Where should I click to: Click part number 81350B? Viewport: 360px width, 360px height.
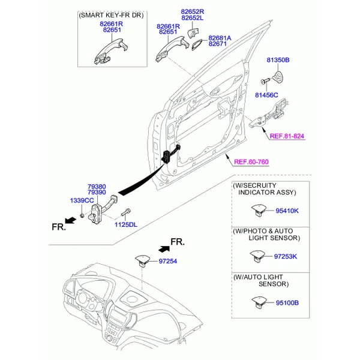[278, 61]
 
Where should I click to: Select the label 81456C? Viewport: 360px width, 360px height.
[266, 95]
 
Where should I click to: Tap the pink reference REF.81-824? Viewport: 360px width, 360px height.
[287, 137]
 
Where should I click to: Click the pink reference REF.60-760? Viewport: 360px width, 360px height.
[251, 162]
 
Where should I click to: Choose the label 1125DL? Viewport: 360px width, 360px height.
[126, 224]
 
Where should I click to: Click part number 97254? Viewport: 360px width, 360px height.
[169, 262]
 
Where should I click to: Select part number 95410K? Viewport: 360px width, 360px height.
[288, 211]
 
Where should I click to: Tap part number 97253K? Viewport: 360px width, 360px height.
[286, 256]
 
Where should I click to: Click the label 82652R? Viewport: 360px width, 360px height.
[193, 11]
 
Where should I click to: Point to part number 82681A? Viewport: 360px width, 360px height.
[220, 37]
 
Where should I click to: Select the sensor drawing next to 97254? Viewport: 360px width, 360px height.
[142, 260]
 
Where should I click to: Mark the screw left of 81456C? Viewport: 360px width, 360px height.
[265, 81]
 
